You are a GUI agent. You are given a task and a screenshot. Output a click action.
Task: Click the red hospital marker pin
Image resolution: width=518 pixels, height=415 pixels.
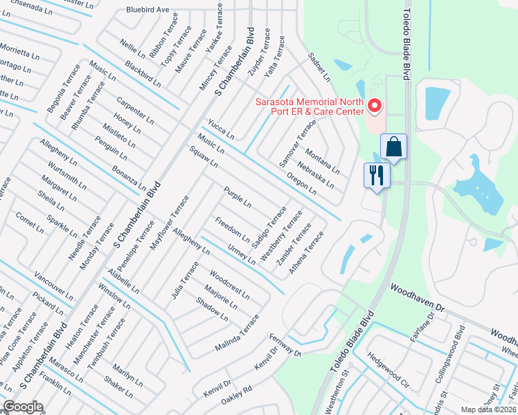pos(375,106)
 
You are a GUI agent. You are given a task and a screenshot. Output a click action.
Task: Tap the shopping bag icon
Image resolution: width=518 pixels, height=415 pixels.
pos(393,147)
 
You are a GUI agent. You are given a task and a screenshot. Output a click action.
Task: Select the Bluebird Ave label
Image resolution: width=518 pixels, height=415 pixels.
pos(148,10)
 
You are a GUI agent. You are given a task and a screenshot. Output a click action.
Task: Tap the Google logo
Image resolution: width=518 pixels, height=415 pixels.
pos(23,407)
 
